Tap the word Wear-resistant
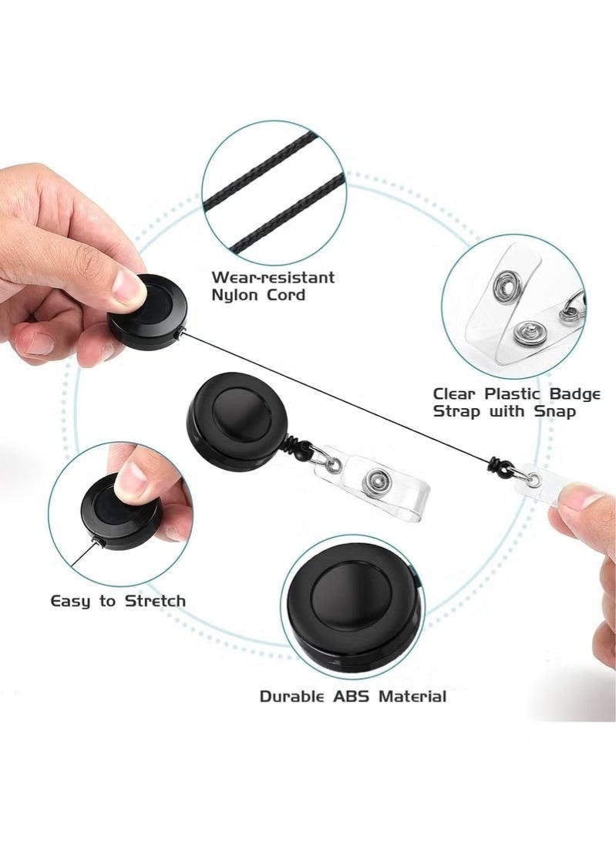(x=273, y=276)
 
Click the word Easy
(x=72, y=600)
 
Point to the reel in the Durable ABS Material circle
(x=351, y=607)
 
